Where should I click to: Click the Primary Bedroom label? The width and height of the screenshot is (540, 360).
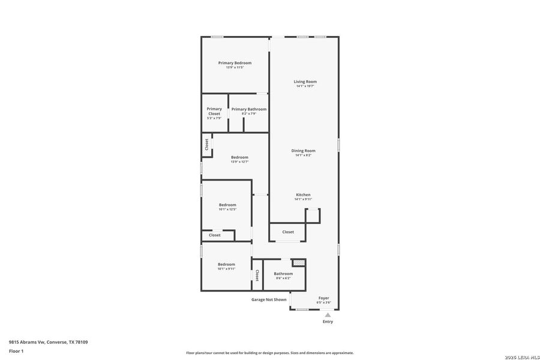pos(235,63)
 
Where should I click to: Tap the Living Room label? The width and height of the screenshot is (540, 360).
pos(305,82)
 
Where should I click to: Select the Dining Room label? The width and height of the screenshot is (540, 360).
pos(303,151)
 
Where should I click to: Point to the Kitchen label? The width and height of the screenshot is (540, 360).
pos(303,195)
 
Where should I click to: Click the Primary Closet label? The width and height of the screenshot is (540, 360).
pos(214,112)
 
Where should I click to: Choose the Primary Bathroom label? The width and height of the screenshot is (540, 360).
pos(249,109)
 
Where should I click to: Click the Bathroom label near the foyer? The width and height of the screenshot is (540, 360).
pos(283,274)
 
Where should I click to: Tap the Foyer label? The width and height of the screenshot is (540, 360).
pos(323,298)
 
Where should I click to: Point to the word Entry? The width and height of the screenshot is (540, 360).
pos(328,322)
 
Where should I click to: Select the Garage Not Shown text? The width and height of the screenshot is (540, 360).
pos(268,299)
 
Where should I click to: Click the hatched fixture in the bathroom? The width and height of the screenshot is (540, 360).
pos(298,263)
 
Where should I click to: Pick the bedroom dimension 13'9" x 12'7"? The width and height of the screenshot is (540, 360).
pos(239,161)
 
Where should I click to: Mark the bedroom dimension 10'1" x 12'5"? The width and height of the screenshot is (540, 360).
pos(227,209)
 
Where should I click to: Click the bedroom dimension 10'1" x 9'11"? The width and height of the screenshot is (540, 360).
pos(226,269)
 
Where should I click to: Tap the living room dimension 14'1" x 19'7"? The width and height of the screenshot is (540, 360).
pos(305,86)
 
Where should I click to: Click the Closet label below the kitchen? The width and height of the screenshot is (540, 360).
pos(288,232)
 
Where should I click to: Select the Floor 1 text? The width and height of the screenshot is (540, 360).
pos(16,350)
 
